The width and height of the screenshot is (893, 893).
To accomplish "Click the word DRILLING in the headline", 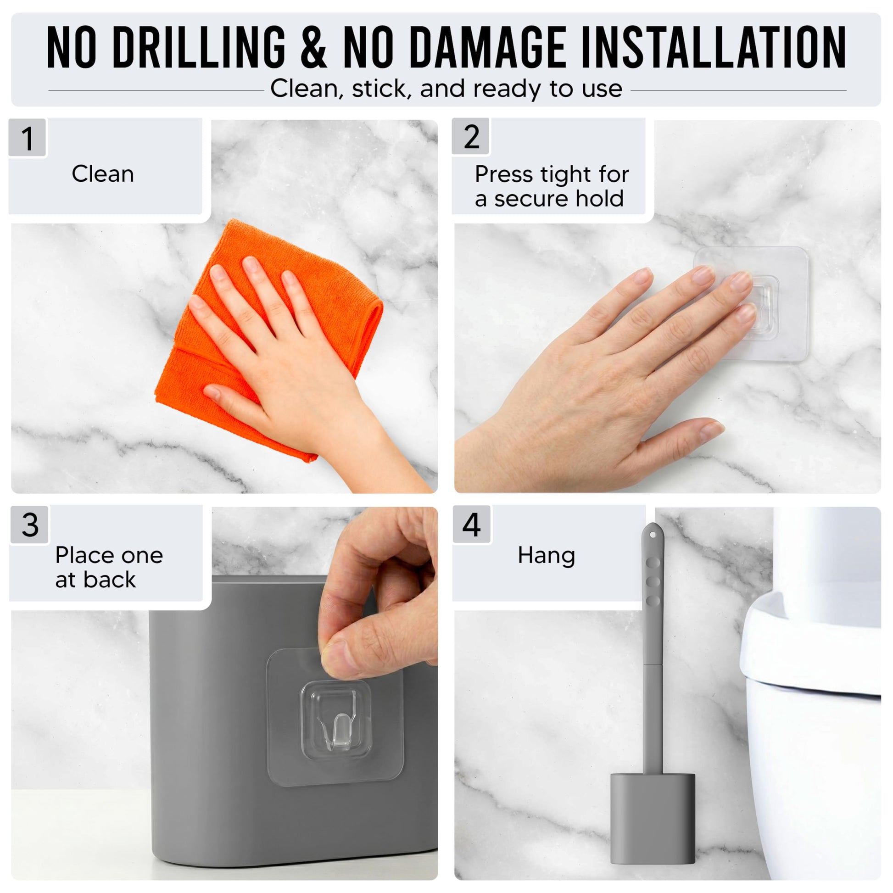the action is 199,47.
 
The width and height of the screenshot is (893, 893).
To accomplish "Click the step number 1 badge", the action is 28,138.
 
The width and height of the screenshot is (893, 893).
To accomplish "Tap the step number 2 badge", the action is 471,137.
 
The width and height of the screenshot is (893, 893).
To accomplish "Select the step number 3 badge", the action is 29,525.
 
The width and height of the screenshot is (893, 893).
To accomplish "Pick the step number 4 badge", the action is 472,525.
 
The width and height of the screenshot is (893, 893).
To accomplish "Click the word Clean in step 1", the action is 103,174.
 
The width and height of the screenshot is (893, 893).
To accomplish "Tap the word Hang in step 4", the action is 547,556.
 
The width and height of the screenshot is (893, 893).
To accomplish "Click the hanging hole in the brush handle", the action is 653,535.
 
